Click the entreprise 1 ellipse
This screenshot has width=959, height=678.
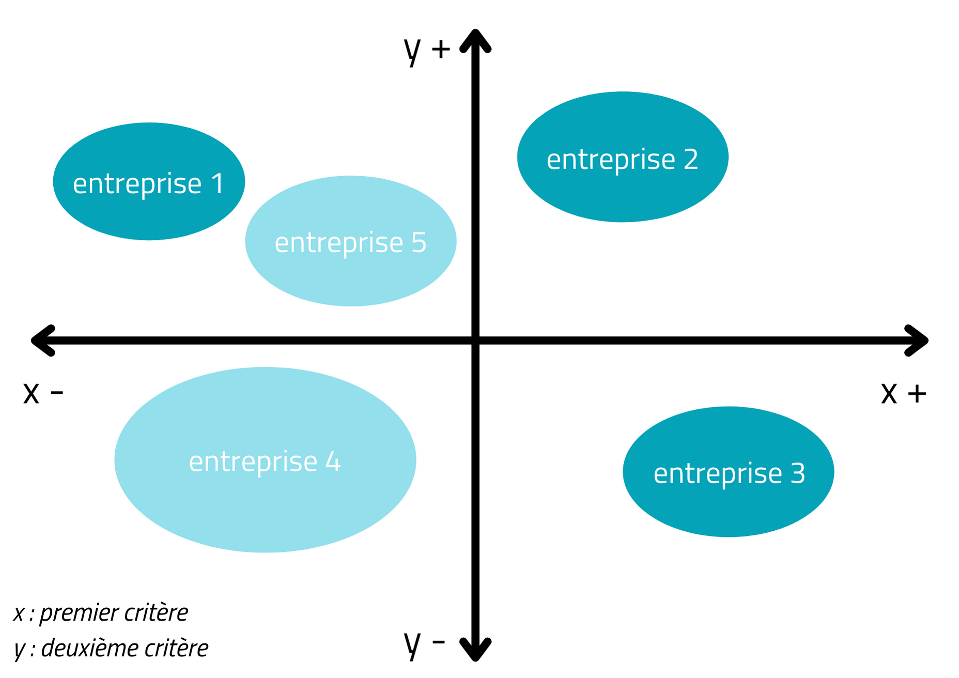[x=149, y=181]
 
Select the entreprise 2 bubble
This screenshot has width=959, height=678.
[x=623, y=157]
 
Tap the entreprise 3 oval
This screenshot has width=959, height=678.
[x=729, y=472]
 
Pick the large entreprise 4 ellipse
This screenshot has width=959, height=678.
[x=265, y=460]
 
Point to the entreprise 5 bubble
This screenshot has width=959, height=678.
[x=351, y=241]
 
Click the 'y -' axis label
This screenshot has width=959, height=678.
[x=424, y=643]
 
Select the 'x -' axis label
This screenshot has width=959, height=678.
[x=43, y=393]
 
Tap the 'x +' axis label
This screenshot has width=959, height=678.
[x=904, y=393]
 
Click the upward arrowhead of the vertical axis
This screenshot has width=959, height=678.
[x=475, y=40]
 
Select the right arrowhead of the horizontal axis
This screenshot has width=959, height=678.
[x=917, y=341]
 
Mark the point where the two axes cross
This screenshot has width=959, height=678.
[x=475, y=341]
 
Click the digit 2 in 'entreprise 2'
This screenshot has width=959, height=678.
[x=691, y=159]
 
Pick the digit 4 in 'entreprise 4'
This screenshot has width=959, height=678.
[x=333, y=461]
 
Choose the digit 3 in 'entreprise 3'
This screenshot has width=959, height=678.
[x=798, y=474]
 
